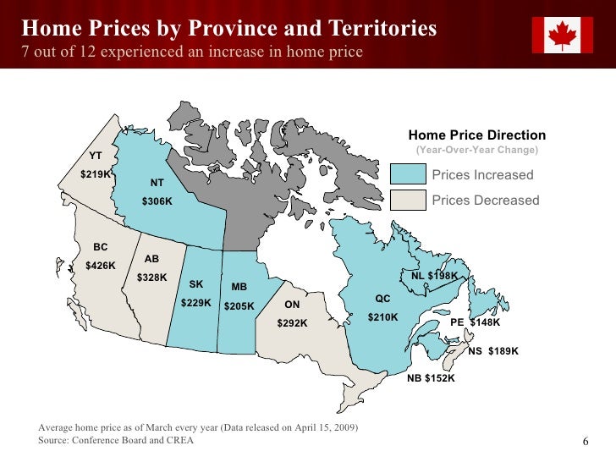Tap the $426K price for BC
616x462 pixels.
101,265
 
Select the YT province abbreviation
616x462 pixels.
96,156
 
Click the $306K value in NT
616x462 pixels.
157,201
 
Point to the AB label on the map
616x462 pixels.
151,259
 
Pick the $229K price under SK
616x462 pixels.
196,302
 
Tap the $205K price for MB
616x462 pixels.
239,305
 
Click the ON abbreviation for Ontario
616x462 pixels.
292,305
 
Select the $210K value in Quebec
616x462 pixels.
382,317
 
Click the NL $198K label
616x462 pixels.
434,276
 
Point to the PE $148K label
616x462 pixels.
475,322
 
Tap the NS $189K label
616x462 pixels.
492,351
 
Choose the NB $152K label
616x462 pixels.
431,378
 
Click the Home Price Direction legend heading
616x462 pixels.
477,135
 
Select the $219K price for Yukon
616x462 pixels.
96,174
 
